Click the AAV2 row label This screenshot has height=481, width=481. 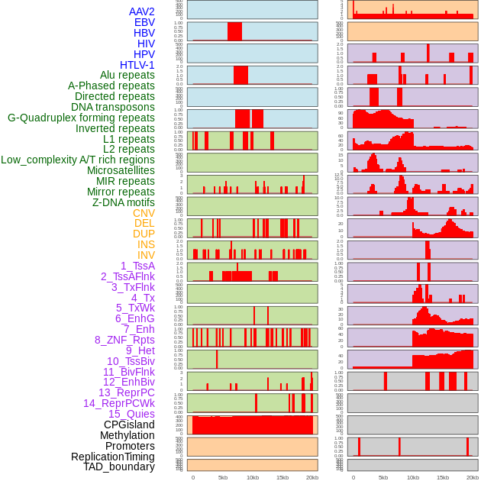pos(142,11)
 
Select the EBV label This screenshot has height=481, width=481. pos(144,22)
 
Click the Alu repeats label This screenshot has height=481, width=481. pos(128,75)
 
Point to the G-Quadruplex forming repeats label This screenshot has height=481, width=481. pos(81,118)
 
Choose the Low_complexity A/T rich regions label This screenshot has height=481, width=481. pos(78,160)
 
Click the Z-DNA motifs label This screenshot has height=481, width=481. pos(124,202)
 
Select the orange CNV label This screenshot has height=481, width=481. pos(144,213)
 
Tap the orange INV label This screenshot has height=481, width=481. pos(146,255)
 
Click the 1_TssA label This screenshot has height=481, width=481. pos(137,266)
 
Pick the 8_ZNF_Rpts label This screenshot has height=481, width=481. pos(124,340)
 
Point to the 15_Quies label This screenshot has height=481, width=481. pos(131,414)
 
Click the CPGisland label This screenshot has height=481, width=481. pos(129,425)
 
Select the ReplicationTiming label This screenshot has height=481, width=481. pos(112,457)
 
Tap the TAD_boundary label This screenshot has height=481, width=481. pos(119,466)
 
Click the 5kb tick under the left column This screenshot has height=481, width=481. pos(223,477)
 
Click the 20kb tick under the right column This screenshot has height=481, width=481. pos(472,477)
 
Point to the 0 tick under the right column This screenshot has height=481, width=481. pos(353,477)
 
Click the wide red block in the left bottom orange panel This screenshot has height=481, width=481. pos(252,425)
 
